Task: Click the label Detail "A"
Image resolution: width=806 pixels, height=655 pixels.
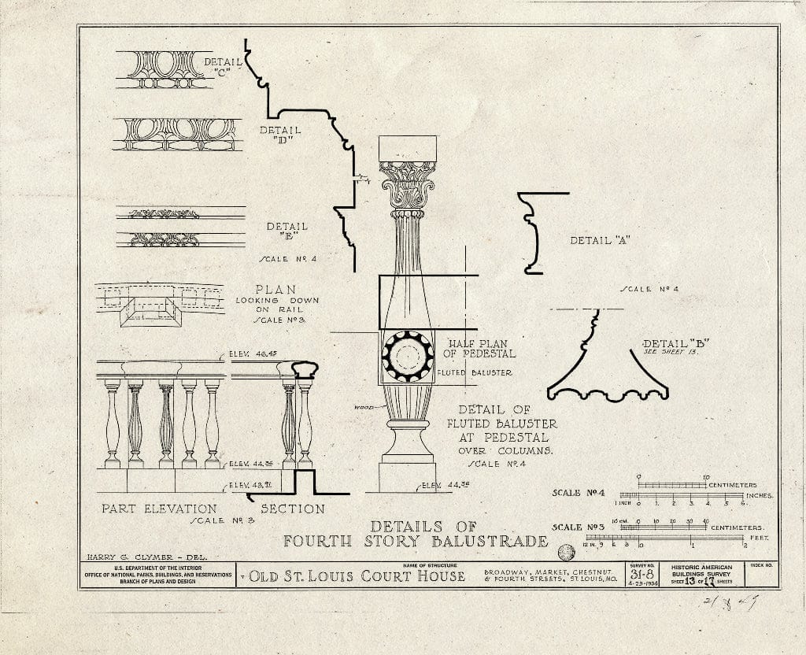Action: pyautogui.click(x=601, y=240)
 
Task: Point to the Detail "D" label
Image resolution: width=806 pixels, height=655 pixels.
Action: pyautogui.click(x=280, y=135)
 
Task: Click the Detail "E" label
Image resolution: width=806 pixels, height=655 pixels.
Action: pyautogui.click(x=287, y=231)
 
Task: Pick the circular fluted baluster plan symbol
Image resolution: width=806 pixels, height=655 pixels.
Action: pyautogui.click(x=408, y=357)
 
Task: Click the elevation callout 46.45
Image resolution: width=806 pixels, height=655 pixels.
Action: pyautogui.click(x=251, y=354)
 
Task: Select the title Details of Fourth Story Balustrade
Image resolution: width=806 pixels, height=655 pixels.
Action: pyautogui.click(x=416, y=534)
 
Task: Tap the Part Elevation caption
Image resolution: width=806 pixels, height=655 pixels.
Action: pyautogui.click(x=159, y=509)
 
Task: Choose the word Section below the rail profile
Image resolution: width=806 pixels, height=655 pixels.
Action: pyautogui.click(x=292, y=509)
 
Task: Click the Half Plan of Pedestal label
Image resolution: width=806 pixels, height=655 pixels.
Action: pyautogui.click(x=482, y=349)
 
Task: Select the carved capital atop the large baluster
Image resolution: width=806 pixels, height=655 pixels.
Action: pyautogui.click(x=407, y=186)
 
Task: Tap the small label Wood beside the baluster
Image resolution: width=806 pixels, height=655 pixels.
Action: pyautogui.click(x=364, y=407)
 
